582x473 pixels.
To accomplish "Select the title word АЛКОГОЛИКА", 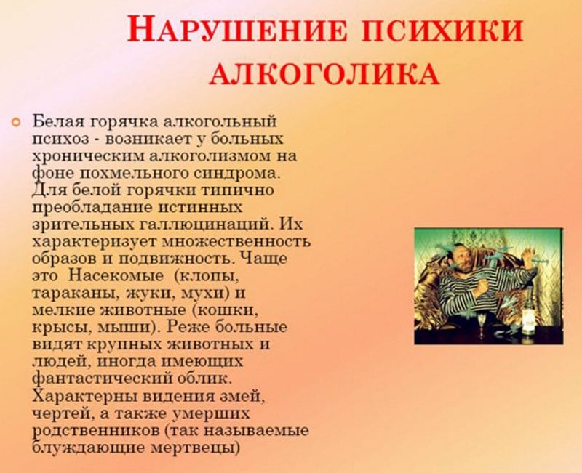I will tap(324, 73).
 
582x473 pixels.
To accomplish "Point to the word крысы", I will tap(57, 328).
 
